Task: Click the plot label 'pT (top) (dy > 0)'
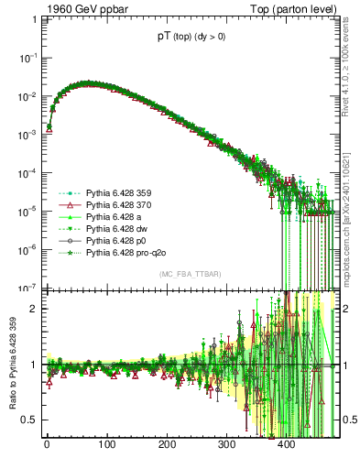point(192,38)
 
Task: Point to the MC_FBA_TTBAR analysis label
point(191,275)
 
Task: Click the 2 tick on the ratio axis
point(33,309)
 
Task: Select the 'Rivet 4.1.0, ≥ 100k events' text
point(348,69)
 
